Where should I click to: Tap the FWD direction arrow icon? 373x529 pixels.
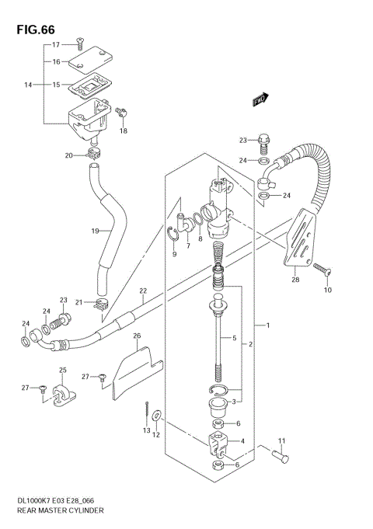(x=260, y=99)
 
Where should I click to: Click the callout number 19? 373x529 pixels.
(x=95, y=231)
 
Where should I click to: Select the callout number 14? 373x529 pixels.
(x=29, y=83)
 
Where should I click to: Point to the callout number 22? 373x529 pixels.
(x=143, y=291)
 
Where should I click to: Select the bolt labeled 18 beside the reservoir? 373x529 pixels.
(x=120, y=114)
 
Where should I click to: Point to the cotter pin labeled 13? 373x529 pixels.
(x=147, y=409)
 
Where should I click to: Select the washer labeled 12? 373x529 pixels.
(x=159, y=418)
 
